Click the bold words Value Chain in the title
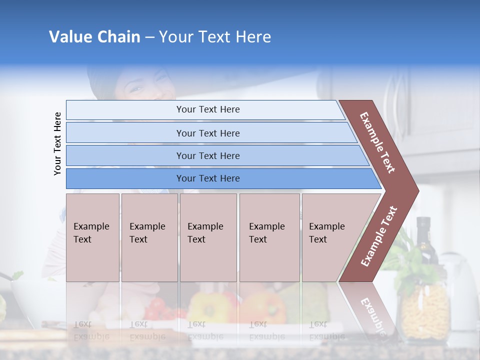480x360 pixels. [x=94, y=37]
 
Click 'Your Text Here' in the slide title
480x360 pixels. [x=215, y=37]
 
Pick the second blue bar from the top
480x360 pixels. [x=207, y=133]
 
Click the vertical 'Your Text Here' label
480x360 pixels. [x=57, y=143]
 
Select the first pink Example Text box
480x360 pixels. [x=92, y=237]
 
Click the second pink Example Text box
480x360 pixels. [x=149, y=237]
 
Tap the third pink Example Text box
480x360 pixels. [x=208, y=237]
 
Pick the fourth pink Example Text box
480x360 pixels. [x=269, y=237]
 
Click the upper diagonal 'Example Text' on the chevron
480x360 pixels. [x=378, y=142]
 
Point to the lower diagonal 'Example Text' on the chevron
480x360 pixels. [x=379, y=236]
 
